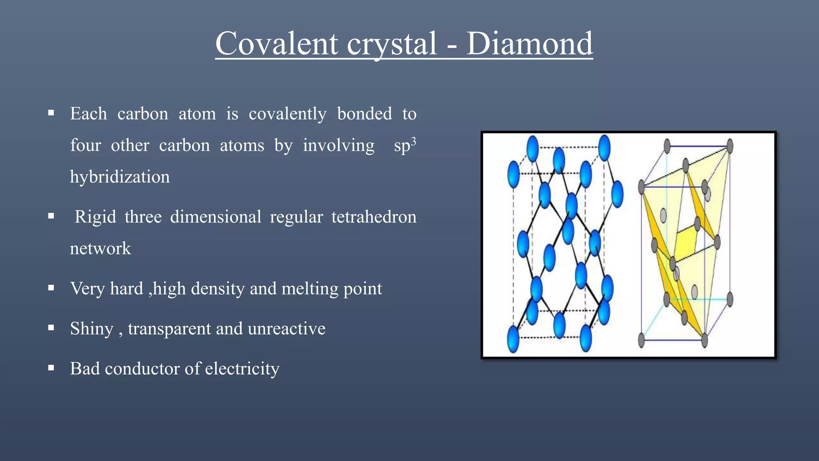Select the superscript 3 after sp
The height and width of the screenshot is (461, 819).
point(413,141)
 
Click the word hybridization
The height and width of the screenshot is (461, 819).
point(120,177)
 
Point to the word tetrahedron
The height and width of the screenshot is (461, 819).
point(374,217)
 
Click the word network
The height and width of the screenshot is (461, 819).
point(100,249)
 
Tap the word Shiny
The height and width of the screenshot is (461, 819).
point(92,329)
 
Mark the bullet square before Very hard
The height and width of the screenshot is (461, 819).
point(51,288)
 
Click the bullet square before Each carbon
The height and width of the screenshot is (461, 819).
point(51,113)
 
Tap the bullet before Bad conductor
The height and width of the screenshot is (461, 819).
point(51,368)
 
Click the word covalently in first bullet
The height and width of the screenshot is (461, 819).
point(287,114)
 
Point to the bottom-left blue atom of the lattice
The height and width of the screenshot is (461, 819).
point(513,339)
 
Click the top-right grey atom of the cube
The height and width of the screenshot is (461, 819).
point(730,146)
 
